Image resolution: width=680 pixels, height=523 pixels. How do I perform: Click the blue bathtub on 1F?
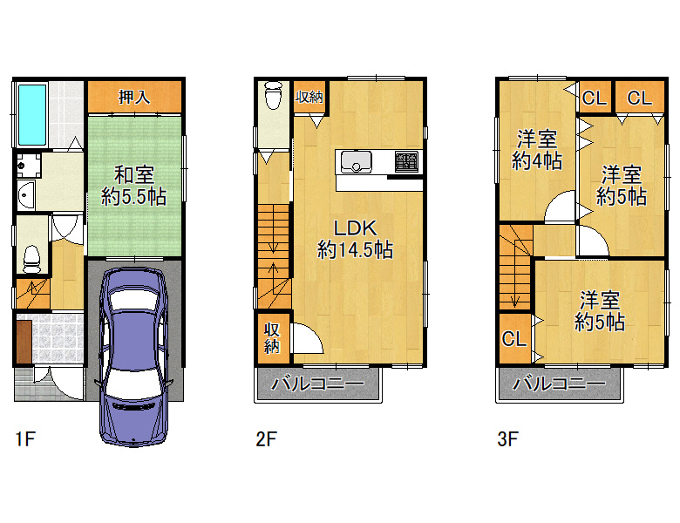(x=32, y=115)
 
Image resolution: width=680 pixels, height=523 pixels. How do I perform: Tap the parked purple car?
(x=133, y=357)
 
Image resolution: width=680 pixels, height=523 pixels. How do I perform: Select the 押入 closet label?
(x=134, y=97)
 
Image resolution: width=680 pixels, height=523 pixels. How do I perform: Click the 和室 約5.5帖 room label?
(x=134, y=186)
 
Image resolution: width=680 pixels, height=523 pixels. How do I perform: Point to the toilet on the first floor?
(x=31, y=260)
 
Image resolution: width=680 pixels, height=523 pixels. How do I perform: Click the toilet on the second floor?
(x=273, y=95)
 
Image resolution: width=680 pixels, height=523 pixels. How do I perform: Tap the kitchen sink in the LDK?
(x=356, y=161)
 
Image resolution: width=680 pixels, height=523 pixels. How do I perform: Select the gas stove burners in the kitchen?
(x=407, y=161)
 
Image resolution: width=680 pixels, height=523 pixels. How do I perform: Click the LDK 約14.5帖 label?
(x=355, y=239)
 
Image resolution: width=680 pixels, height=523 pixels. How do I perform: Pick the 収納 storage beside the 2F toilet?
(x=309, y=97)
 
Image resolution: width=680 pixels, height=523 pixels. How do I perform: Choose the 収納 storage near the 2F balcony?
(x=272, y=338)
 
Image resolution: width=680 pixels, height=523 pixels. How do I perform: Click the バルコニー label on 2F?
(x=318, y=384)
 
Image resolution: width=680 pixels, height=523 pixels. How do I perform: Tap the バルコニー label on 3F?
(x=560, y=384)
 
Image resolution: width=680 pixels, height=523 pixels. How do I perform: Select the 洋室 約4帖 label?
(x=537, y=150)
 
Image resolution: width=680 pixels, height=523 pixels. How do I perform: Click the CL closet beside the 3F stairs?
(x=514, y=338)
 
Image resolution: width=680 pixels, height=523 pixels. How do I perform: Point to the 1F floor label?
(x=24, y=438)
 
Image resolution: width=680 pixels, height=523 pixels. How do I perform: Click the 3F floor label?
(x=507, y=438)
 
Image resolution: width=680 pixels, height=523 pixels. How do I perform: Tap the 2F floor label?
(x=266, y=438)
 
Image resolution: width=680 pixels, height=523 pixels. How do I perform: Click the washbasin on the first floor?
(x=26, y=195)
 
